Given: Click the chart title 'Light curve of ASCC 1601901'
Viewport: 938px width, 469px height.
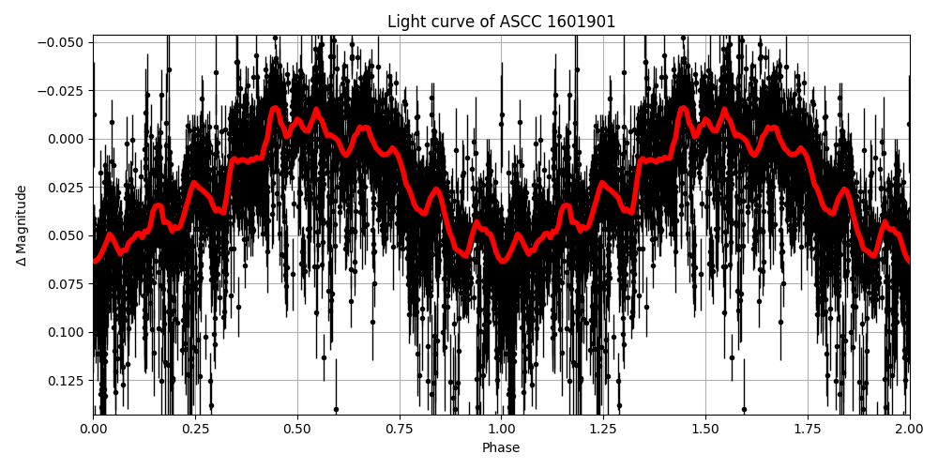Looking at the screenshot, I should [x=501, y=22].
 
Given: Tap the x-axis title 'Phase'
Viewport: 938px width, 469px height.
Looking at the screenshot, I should [x=501, y=448].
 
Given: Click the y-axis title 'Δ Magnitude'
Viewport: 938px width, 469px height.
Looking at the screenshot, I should [x=21, y=225].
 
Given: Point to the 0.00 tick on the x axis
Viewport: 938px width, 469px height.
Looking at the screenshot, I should [x=93, y=429].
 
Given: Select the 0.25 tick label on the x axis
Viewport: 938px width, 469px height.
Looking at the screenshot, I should [x=195, y=429].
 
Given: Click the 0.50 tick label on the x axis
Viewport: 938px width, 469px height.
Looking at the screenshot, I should [x=297, y=429].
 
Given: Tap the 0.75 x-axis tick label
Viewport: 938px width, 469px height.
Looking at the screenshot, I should [x=400, y=429].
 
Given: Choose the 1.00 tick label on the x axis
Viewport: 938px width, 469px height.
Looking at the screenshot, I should [x=502, y=429].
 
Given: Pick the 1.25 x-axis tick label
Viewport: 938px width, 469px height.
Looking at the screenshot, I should [x=603, y=429].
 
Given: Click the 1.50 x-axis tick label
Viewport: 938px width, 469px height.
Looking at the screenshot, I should [x=705, y=429].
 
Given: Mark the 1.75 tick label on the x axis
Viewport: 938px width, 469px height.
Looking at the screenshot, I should [x=808, y=429].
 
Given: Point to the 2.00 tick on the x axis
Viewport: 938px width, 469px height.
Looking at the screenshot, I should [x=909, y=429].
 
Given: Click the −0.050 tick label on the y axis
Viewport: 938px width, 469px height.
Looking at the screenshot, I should [x=62, y=42].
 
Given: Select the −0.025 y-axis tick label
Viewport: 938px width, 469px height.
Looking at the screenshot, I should [x=62, y=91].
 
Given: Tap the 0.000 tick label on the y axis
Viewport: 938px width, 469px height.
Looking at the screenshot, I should [x=66, y=139].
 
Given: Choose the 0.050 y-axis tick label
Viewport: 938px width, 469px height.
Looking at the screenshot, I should [x=66, y=235].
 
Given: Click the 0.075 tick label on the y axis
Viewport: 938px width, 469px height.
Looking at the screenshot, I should [x=66, y=284].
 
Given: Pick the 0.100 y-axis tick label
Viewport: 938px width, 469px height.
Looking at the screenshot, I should [x=66, y=332].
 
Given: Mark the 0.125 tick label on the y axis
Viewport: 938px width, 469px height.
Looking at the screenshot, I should [x=66, y=381].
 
